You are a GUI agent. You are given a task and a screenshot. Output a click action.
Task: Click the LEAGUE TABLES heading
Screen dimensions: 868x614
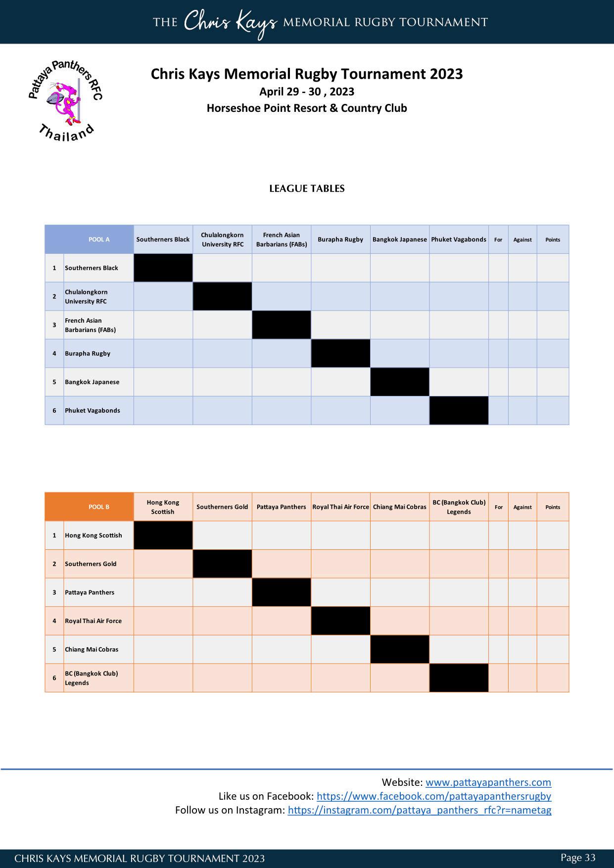click(307, 189)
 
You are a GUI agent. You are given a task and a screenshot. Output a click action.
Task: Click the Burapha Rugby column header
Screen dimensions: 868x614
click(340, 240)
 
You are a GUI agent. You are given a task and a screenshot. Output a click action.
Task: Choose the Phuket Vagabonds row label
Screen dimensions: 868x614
click(93, 410)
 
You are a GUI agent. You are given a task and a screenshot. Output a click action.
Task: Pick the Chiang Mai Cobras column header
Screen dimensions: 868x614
click(399, 507)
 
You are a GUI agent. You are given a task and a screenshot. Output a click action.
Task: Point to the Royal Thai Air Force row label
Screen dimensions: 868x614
click(93, 621)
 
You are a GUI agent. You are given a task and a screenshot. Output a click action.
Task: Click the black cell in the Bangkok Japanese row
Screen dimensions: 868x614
click(399, 382)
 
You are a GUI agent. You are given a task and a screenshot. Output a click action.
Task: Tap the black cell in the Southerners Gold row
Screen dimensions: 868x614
click(222, 564)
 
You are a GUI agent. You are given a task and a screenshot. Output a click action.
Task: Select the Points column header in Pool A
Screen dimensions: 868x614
click(553, 240)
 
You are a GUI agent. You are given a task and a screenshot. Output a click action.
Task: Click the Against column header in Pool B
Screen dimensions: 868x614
click(522, 507)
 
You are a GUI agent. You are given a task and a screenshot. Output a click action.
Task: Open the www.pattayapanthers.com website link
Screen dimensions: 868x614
click(488, 782)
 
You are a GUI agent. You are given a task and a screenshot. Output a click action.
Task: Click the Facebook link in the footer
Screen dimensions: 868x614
click(433, 796)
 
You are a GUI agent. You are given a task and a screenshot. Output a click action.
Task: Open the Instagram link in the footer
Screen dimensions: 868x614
click(419, 810)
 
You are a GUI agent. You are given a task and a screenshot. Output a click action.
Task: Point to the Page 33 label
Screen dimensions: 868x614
click(577, 858)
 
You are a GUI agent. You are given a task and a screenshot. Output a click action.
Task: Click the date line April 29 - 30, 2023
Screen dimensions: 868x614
click(307, 92)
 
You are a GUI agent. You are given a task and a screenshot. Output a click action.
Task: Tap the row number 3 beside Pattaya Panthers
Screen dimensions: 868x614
click(54, 592)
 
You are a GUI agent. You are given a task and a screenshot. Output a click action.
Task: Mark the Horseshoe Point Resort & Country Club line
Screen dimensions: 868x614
click(307, 108)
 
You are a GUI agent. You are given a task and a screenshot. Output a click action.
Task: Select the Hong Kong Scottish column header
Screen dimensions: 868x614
click(163, 507)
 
